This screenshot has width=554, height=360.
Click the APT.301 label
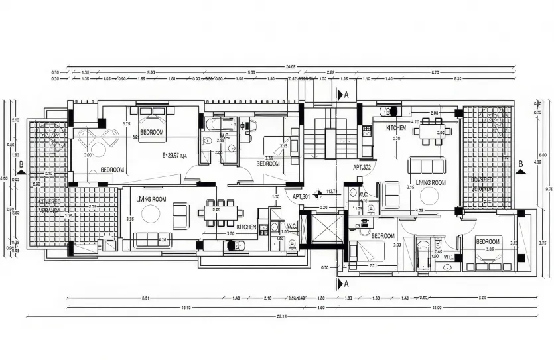[x=301, y=196]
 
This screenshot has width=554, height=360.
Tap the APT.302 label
[x=363, y=168]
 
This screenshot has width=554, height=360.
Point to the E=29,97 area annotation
[x=174, y=155]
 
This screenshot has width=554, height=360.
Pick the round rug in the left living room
[x=150, y=214]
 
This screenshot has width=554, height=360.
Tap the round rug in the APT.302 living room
[x=429, y=196]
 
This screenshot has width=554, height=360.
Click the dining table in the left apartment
[x=216, y=213]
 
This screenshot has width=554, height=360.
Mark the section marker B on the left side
[x=21, y=164]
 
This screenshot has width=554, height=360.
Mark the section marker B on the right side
[x=521, y=164]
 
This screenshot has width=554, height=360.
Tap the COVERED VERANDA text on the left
[x=49, y=206]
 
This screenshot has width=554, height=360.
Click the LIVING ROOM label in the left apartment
[x=151, y=199]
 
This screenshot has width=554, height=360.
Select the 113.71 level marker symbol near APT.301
[x=320, y=193]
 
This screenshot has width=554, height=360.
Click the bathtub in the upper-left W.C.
[x=218, y=125]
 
